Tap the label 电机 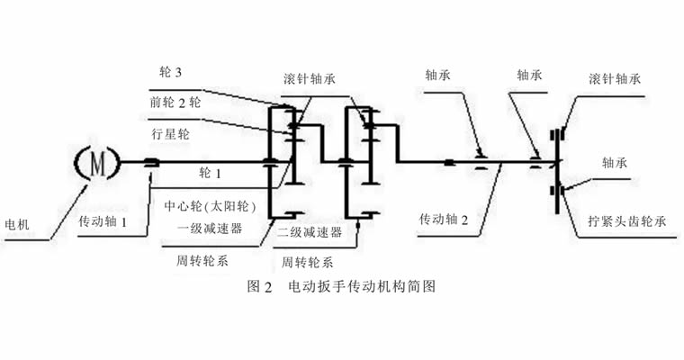click(17, 224)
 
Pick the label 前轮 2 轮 click(175, 103)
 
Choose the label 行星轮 click(170, 133)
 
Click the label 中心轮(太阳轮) click(212, 205)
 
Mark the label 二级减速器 click(310, 231)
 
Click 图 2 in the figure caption click(259, 290)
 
